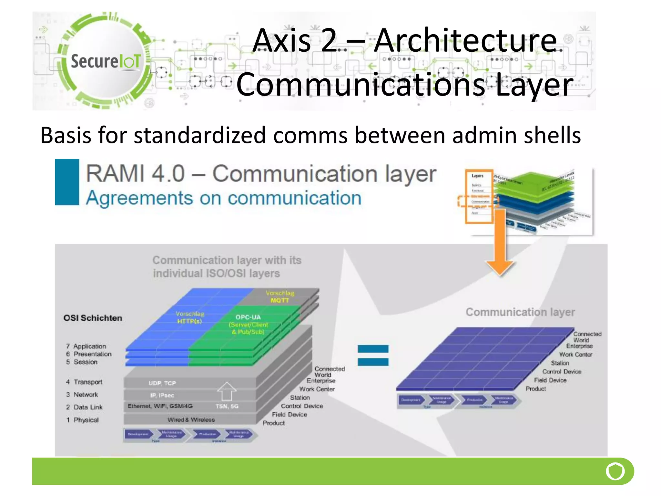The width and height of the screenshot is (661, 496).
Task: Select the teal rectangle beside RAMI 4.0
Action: click(x=67, y=182)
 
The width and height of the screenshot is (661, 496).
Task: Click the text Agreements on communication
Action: click(x=223, y=198)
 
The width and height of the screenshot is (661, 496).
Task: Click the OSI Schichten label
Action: click(x=93, y=318)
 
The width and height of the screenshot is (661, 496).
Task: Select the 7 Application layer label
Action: click(x=86, y=346)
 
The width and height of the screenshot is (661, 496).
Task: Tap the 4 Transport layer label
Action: click(x=84, y=382)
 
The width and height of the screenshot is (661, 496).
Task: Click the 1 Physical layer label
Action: click(x=83, y=420)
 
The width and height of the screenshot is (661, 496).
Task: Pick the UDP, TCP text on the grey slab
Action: click(x=162, y=383)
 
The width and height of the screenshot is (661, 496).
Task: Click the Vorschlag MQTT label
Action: click(x=280, y=296)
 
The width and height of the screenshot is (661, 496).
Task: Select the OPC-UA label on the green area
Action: click(x=248, y=317)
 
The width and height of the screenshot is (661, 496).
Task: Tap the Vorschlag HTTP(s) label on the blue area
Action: click(x=190, y=317)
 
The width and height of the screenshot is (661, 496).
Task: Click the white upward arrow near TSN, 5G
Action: click(x=227, y=391)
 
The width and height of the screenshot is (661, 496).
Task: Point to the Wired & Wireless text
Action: click(x=191, y=419)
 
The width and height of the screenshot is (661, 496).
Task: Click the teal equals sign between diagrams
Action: click(x=373, y=355)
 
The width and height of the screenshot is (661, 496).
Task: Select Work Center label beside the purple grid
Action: click(x=575, y=355)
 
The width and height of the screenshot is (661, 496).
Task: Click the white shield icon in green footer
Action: click(x=615, y=471)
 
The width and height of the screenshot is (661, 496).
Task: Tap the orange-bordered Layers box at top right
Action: click(x=479, y=196)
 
